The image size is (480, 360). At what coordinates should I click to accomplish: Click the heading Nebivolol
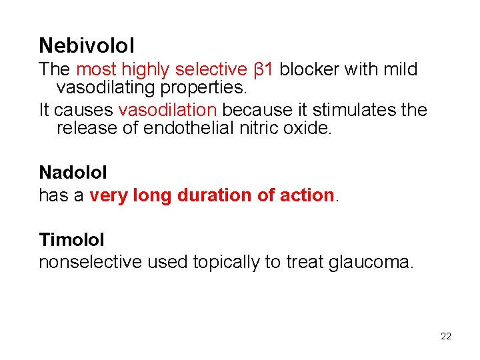87,45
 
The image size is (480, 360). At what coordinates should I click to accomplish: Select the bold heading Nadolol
73,172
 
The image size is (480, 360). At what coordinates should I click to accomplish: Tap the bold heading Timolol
71,239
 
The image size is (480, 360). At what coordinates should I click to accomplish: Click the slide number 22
446,336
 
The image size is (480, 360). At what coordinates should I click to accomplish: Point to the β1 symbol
265,69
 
